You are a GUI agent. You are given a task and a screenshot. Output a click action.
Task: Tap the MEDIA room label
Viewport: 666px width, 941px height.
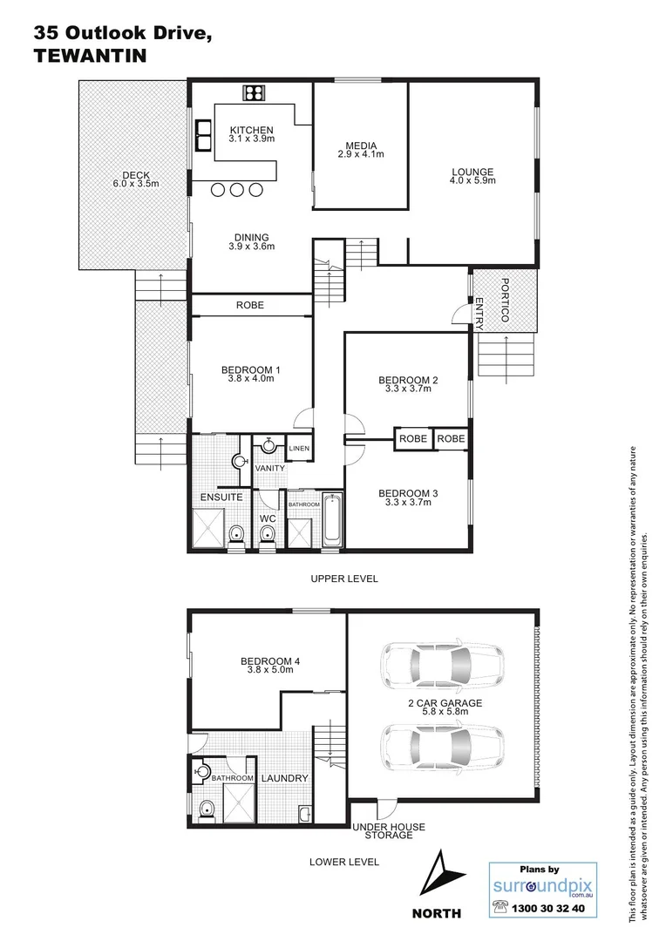pyautogui.click(x=361, y=146)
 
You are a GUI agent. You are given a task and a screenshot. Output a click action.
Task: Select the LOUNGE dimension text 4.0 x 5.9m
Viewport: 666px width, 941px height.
pyautogui.click(x=472, y=181)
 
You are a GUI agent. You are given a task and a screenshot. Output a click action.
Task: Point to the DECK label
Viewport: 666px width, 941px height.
pyautogui.click(x=131, y=175)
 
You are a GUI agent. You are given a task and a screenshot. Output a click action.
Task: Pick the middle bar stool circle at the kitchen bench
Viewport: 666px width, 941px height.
pyautogui.click(x=237, y=190)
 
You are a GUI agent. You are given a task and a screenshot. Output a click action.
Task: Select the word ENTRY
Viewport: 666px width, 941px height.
pyautogui.click(x=479, y=313)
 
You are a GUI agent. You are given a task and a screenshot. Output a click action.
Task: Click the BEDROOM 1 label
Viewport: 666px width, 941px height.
pyautogui.click(x=251, y=370)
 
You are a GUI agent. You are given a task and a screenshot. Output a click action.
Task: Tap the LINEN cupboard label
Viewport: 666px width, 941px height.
pyautogui.click(x=298, y=449)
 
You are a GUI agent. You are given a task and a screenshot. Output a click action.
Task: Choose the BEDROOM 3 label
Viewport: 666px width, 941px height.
pyautogui.click(x=408, y=494)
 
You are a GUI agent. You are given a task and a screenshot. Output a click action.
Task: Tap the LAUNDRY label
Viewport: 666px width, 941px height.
pyautogui.click(x=284, y=778)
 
